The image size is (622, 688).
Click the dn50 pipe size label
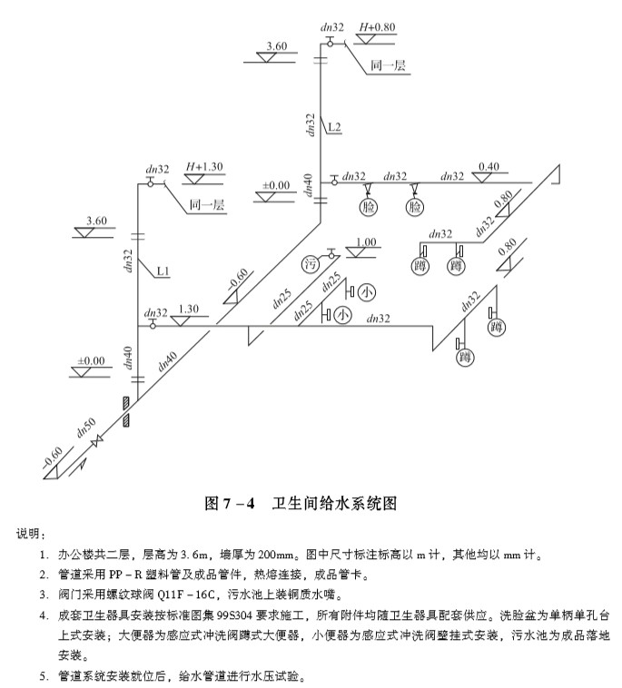click(86, 428)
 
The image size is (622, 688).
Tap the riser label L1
click(163, 271)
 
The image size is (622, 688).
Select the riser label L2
click(334, 127)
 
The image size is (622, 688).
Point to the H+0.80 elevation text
click(378, 27)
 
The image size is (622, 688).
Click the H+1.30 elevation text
click(204, 167)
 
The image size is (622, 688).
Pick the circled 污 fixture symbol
click(311, 265)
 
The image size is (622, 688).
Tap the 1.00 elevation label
click(366, 241)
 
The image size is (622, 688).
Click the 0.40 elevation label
click(489, 167)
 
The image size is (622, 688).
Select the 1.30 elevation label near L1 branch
click(188, 309)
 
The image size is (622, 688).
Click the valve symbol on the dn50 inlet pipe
click(97, 440)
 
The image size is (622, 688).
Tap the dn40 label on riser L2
click(309, 185)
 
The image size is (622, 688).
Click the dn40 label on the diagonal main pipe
click(167, 361)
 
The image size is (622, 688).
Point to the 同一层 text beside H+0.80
click(388, 65)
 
